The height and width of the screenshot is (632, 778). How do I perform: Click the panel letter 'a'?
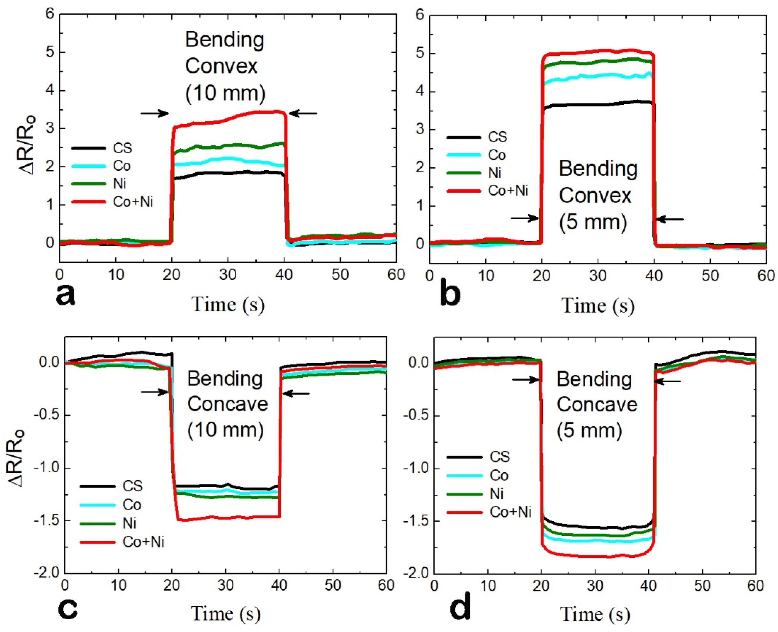pos(66,296)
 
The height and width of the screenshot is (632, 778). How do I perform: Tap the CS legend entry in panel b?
pos(497,137)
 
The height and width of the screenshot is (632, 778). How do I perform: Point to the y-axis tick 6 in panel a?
pos(50,15)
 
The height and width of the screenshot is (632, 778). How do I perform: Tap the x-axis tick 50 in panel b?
pos(710,276)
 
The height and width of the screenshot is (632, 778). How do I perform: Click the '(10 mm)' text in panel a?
pos(225,93)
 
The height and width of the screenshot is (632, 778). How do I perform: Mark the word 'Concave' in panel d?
pos(597,405)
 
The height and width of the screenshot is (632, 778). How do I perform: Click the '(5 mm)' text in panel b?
pos(593,222)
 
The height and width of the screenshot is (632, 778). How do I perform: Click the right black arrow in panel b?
pos(670,219)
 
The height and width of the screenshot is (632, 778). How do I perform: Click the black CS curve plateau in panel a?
pos(228,173)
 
